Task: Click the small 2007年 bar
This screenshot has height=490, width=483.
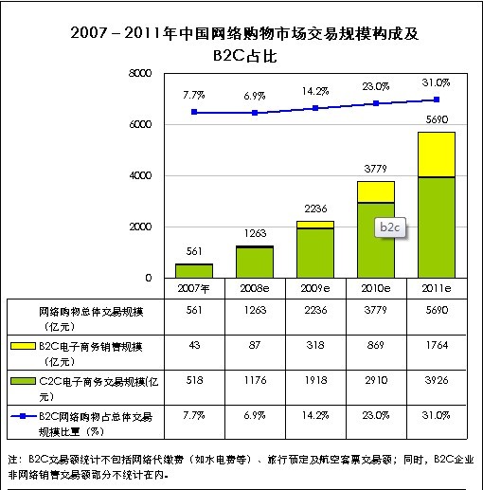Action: tap(194, 270)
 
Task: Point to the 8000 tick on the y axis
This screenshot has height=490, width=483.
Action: tap(139, 73)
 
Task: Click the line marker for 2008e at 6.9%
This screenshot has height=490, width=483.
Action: tap(255, 113)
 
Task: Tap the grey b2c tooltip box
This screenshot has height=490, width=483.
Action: tap(389, 227)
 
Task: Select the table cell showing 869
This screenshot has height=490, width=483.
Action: tap(376, 347)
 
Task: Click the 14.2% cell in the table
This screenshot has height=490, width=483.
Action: tap(315, 415)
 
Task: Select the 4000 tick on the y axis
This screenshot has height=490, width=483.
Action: tap(139, 175)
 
